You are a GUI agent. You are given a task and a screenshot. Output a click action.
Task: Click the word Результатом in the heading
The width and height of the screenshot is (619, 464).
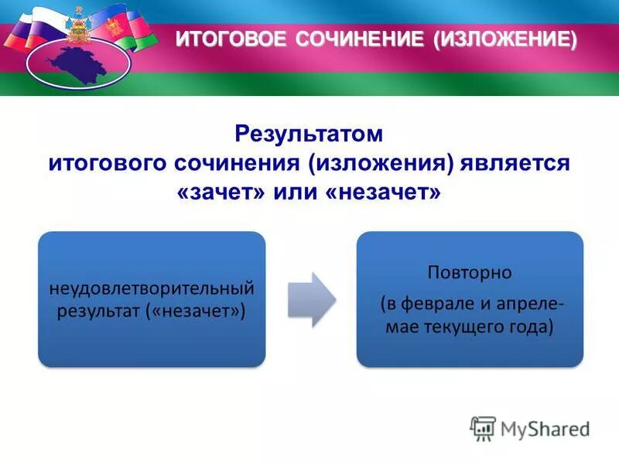[309, 135]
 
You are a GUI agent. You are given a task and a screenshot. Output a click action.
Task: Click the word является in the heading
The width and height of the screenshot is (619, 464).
[515, 163]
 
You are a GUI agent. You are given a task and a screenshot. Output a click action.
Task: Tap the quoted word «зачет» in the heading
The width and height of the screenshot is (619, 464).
[220, 192]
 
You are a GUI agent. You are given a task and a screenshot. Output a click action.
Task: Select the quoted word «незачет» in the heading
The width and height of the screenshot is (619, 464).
[383, 192]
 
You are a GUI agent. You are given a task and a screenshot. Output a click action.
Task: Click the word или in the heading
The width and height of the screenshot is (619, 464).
[295, 192]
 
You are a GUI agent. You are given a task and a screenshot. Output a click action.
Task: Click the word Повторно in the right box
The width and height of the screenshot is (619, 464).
[469, 273]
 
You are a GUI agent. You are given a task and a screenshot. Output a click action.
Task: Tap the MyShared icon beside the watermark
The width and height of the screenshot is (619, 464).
[483, 428]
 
